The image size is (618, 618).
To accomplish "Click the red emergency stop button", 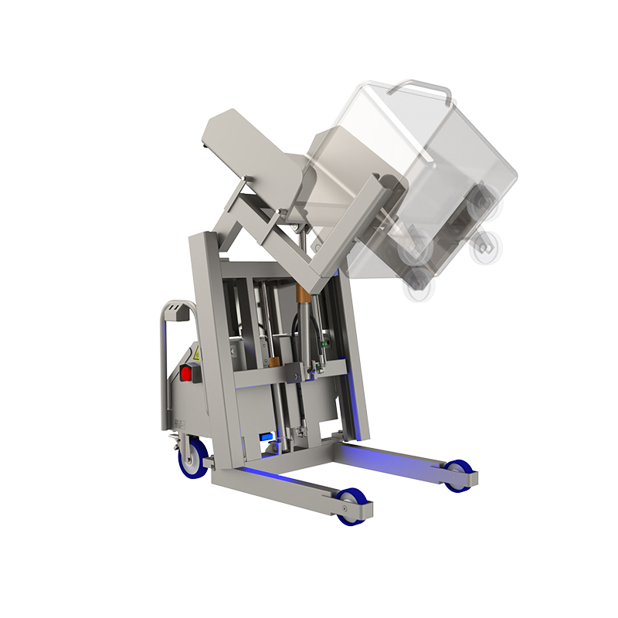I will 186,374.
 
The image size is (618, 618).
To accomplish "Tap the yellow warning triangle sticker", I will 196,353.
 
